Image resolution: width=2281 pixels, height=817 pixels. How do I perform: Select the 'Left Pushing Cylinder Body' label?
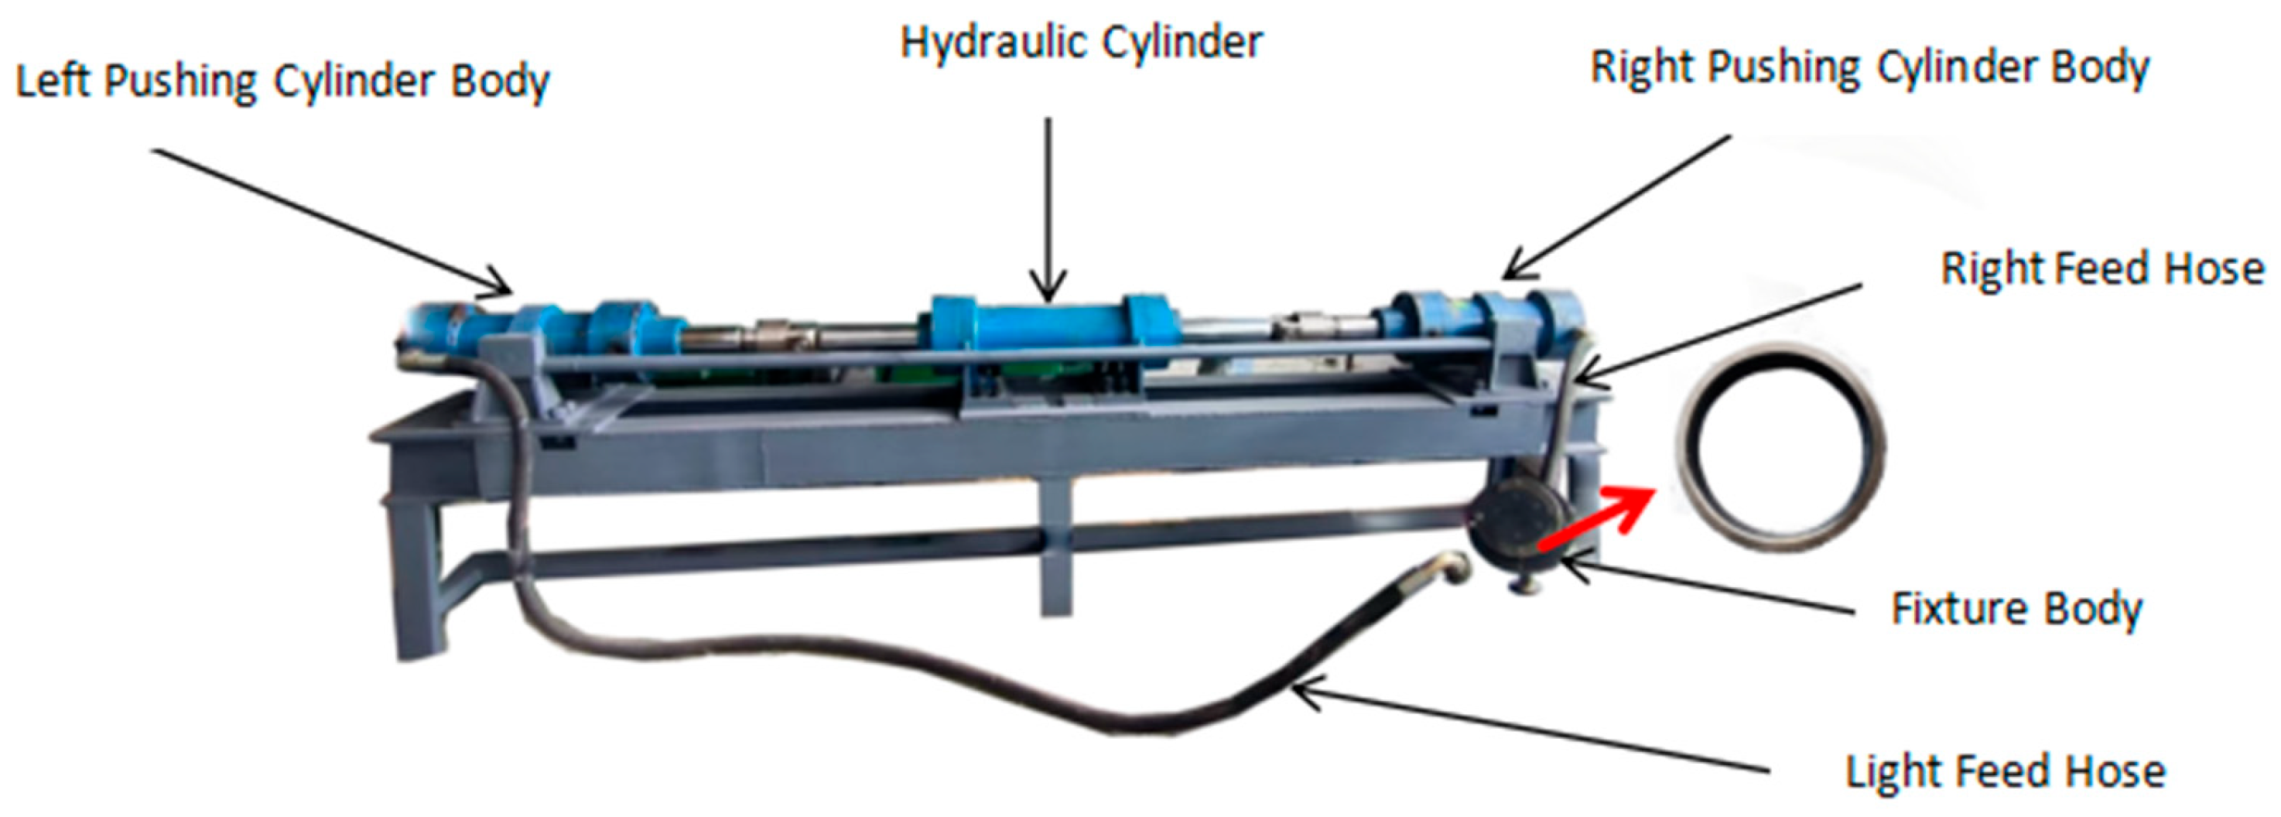282,82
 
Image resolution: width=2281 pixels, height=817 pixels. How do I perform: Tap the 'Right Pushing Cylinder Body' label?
1869,69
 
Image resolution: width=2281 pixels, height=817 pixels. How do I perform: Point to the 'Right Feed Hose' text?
2102,269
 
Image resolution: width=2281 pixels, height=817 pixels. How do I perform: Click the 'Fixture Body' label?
2016,609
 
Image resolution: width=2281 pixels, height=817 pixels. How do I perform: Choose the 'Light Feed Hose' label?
2005,772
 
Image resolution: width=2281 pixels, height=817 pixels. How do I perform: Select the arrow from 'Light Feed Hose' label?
1532,730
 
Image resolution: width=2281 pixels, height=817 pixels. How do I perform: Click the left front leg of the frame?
416,576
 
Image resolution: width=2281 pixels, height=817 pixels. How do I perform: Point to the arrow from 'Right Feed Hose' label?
1718,332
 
